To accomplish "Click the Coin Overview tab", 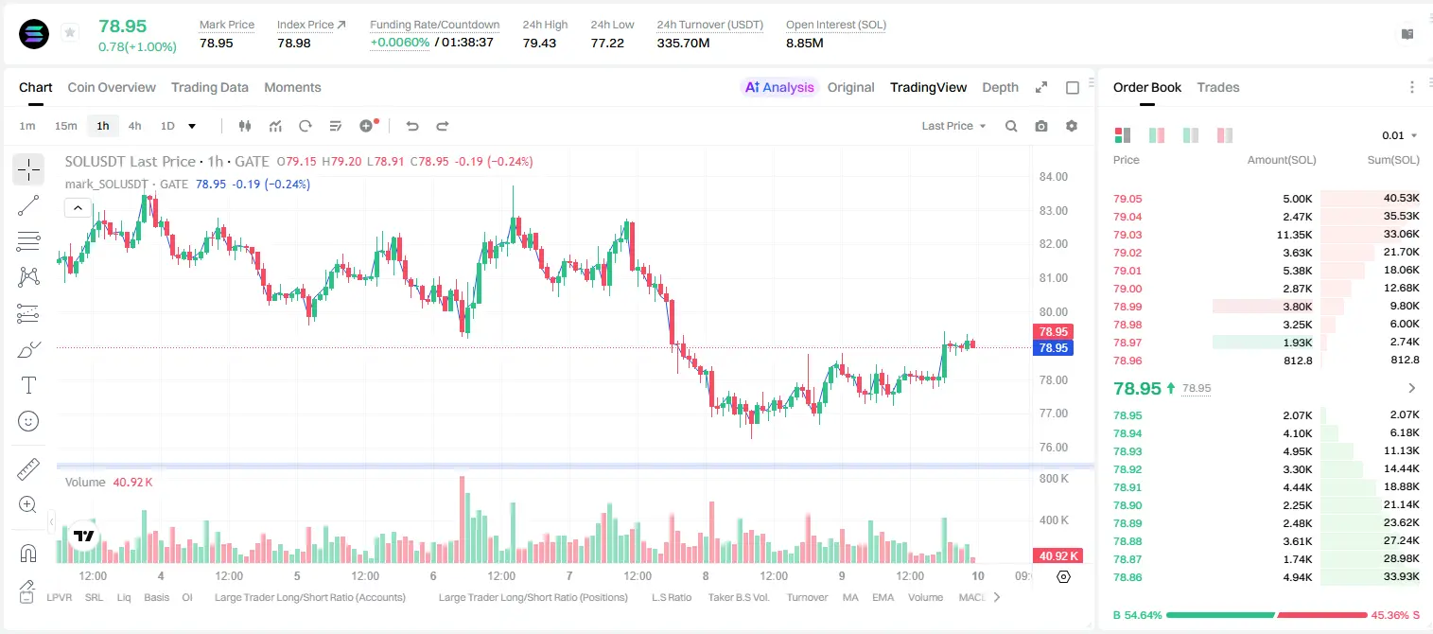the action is coord(112,87).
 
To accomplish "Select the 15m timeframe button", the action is coord(66,126).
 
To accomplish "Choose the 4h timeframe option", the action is coord(134,126).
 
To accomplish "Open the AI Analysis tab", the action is coord(779,87).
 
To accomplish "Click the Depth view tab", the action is coord(1000,87).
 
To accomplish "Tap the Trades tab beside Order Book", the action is coord(1218,87).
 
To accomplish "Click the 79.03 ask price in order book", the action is coord(1127,235).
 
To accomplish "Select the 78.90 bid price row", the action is coord(1127,505).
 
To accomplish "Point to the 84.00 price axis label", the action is coord(1053,177).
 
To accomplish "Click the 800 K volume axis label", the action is coord(1054,479).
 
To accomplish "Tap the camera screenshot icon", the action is coord(1041,126).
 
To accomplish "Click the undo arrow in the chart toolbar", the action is coord(412,126).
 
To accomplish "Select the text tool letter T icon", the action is coord(28,385).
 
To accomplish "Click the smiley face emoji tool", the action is coord(28,421).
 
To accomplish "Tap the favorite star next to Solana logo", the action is coord(70,32).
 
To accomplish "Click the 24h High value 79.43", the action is coord(539,43).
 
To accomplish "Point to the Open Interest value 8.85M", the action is coord(805,43).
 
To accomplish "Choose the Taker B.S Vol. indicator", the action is coord(738,597).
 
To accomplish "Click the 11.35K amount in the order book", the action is coord(1294,235).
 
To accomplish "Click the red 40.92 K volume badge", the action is coord(1057,556).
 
